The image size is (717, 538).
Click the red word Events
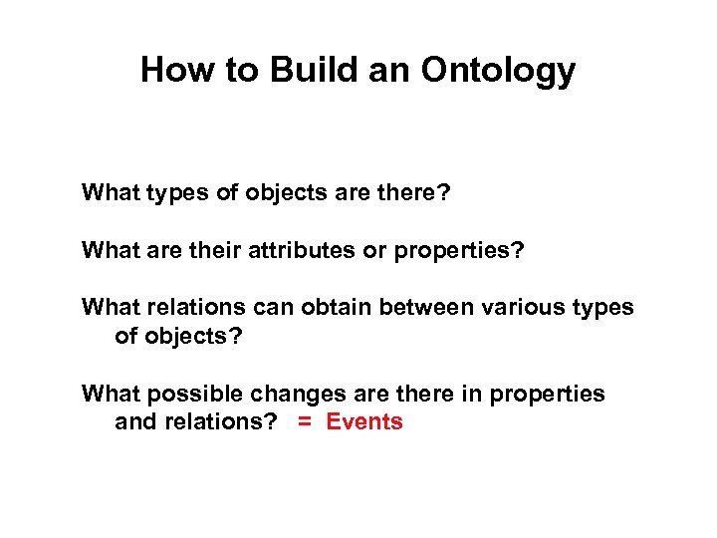[364, 421]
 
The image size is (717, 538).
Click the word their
[206, 249]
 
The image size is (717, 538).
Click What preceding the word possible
[112, 394]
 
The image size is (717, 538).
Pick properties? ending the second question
[459, 249]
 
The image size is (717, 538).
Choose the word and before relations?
[134, 421]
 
